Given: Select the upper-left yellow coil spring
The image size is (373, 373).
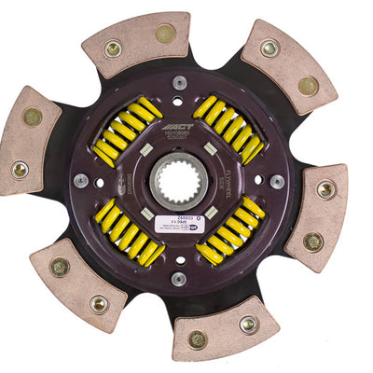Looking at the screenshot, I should (127, 131).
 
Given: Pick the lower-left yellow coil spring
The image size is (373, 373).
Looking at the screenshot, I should (130, 233).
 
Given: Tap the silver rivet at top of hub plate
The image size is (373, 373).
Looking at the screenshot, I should (179, 83).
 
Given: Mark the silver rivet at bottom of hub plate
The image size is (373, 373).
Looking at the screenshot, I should (178, 278).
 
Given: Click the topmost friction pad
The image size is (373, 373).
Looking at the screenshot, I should (140, 41).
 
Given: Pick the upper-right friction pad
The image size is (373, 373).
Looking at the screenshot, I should (288, 66).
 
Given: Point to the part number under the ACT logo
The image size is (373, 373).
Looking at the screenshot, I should (199, 137).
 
